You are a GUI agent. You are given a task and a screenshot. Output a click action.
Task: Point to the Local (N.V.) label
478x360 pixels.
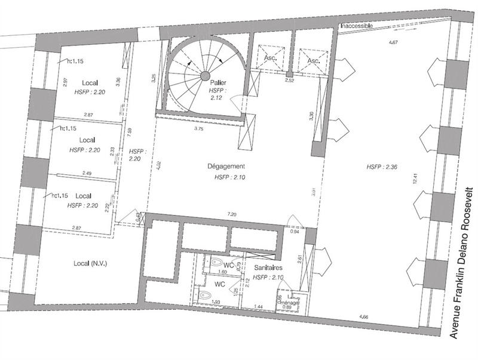pyautogui.click(x=90, y=263)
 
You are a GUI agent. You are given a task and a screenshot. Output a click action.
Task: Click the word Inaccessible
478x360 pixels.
pyautogui.click(x=356, y=26)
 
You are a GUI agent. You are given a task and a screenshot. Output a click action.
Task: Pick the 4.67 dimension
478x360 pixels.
pyautogui.click(x=393, y=43)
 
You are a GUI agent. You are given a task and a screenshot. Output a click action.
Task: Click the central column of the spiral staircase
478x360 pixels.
pyautogui.click(x=204, y=76)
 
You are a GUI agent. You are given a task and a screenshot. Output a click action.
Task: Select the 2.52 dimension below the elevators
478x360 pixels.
pyautogui.click(x=289, y=79)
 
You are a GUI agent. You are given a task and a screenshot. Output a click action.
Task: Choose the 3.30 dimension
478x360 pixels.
pyautogui.click(x=310, y=116)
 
